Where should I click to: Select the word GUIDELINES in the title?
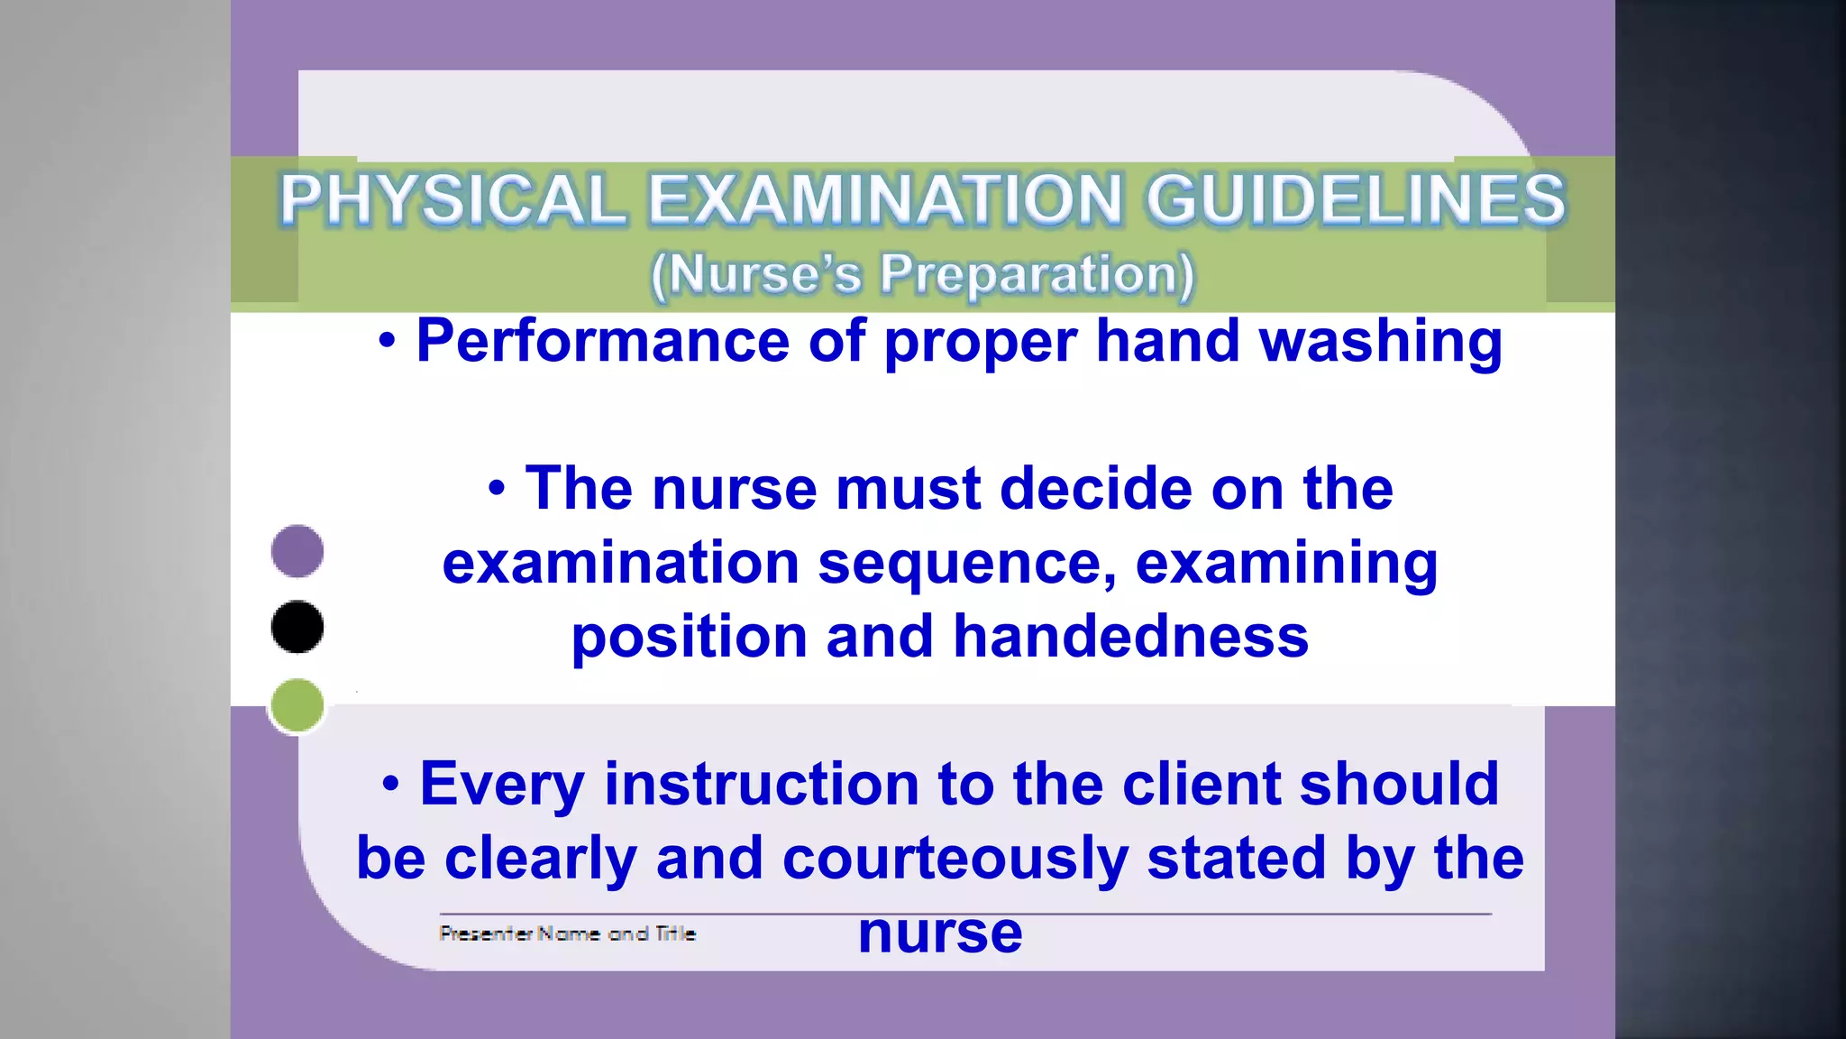1356,199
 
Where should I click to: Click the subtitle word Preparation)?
1037,274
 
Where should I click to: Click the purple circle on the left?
297,551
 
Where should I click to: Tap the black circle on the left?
297,627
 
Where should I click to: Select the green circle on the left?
297,705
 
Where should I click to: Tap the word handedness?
1130,637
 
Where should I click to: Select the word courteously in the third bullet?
955,858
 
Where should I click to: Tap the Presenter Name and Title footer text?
567,933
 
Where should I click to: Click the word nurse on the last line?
940,933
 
